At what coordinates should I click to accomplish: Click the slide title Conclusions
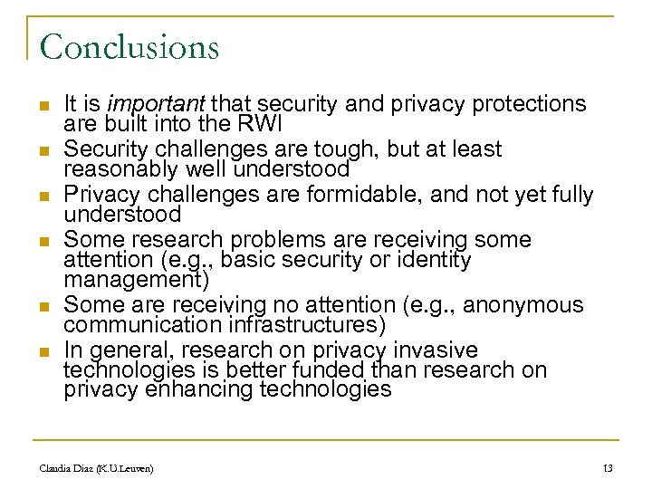(129, 46)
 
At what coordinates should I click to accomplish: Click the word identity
(436, 260)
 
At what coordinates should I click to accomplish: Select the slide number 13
(607, 468)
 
